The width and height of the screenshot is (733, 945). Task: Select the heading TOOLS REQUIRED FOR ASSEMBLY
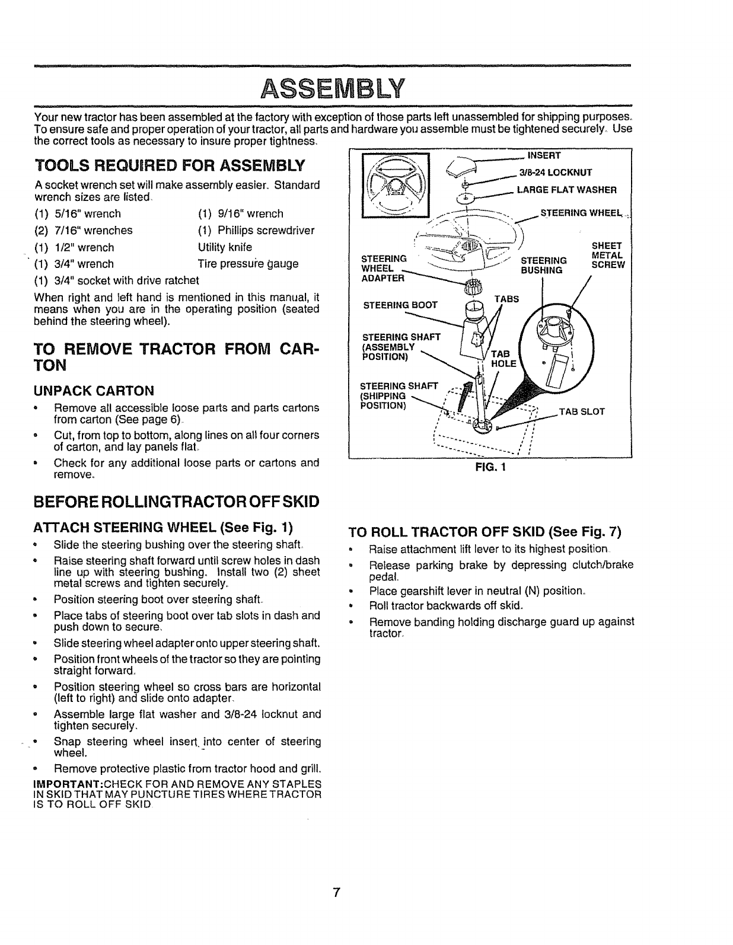tap(170, 164)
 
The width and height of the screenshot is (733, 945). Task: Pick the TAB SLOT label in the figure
tap(581, 411)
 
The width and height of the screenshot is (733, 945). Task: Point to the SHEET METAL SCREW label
tap(608, 256)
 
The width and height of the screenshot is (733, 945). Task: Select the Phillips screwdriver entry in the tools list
tap(256, 230)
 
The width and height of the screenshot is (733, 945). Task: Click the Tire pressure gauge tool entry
tap(248, 263)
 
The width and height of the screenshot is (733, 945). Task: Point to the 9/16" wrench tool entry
tap(240, 213)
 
